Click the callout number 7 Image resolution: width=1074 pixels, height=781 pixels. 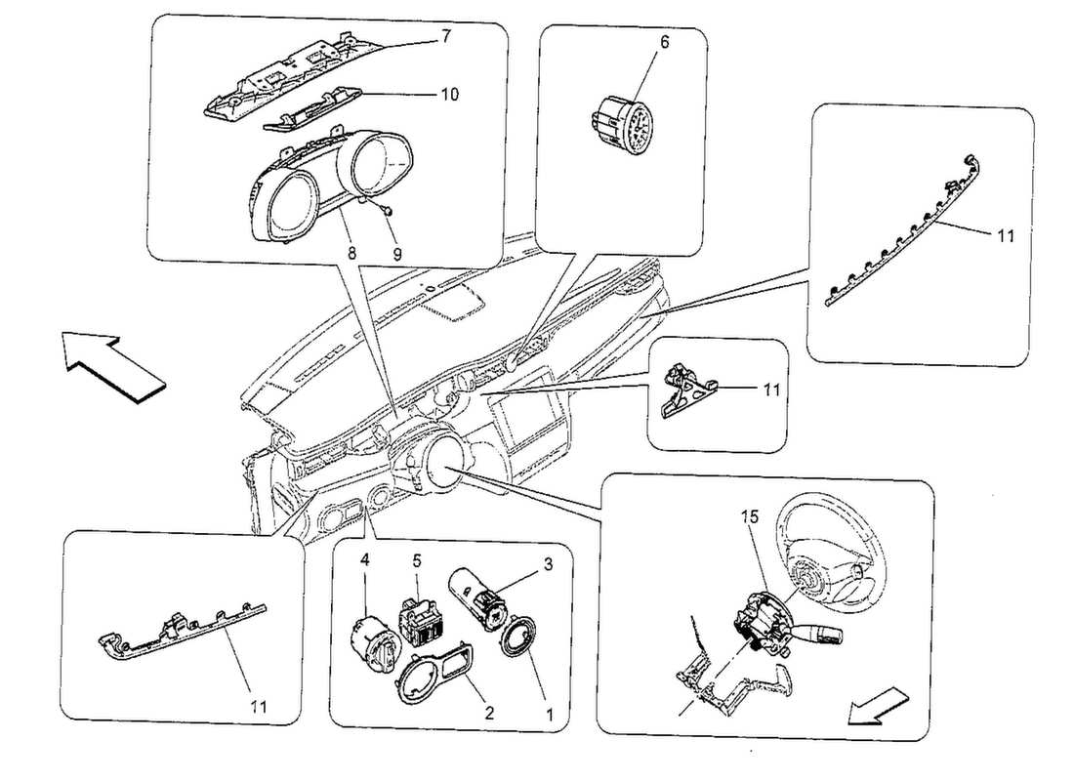click(x=446, y=36)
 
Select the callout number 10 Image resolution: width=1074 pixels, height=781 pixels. click(x=450, y=95)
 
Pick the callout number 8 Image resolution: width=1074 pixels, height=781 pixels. click(x=351, y=252)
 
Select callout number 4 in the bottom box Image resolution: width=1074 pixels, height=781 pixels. click(x=364, y=560)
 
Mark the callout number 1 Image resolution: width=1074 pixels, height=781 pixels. click(x=549, y=714)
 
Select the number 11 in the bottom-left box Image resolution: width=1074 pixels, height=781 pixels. click(x=258, y=704)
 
